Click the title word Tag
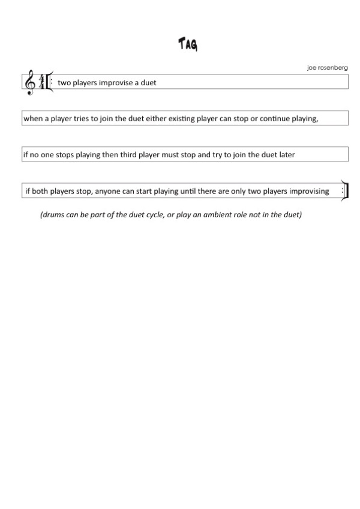pos(188,44)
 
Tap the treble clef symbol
pos(29,83)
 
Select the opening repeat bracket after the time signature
pos(49,82)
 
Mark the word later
pos(285,155)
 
